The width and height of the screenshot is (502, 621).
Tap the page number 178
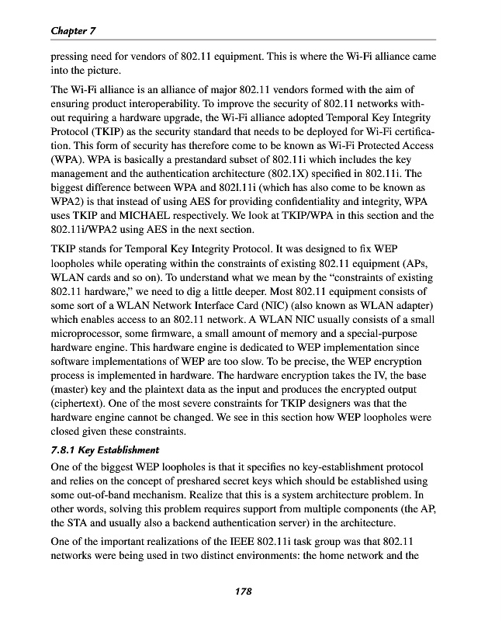pyautogui.click(x=244, y=592)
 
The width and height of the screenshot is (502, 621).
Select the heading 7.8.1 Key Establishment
pyautogui.click(x=105, y=449)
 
